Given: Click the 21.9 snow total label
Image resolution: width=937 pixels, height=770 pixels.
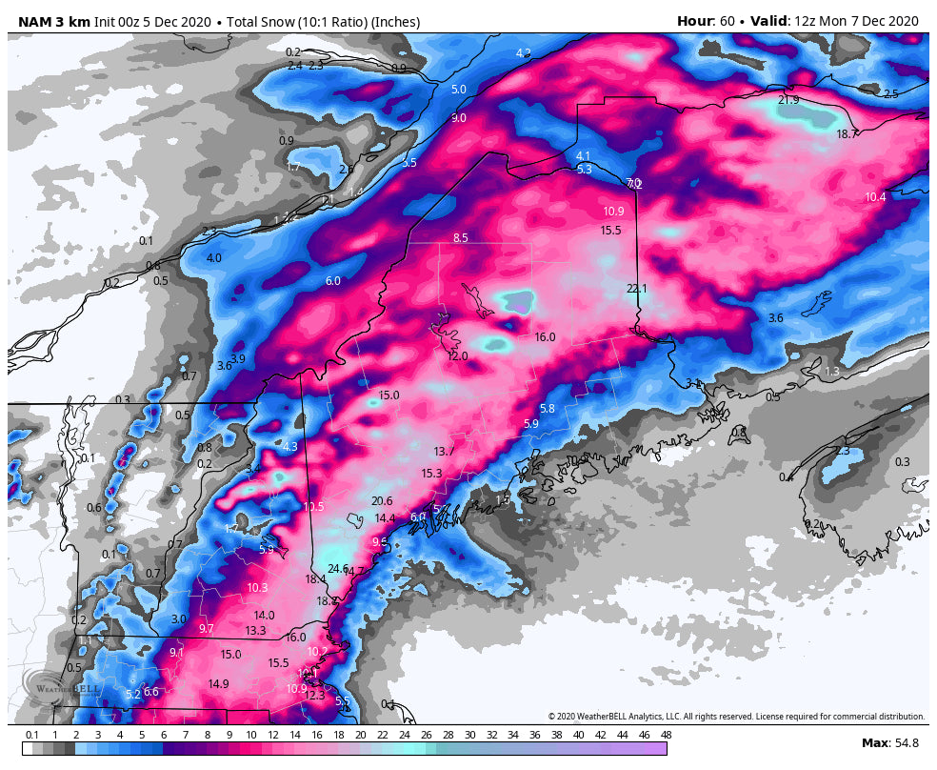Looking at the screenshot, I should (788, 100).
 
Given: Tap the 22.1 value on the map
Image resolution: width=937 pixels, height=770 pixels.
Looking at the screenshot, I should (636, 289).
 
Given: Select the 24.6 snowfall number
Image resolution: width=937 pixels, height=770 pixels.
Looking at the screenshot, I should (338, 569).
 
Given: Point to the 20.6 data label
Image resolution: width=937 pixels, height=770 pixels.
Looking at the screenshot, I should (382, 501).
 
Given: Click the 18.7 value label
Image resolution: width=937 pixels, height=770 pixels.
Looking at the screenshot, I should (847, 134).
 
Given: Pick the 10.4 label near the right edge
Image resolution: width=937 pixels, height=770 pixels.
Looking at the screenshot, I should (875, 197).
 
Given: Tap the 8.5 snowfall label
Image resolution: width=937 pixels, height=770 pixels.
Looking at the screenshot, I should (460, 238).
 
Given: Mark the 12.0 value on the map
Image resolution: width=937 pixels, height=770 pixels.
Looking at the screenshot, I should (458, 356).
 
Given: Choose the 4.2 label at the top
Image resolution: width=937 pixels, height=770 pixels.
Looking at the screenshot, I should (523, 53).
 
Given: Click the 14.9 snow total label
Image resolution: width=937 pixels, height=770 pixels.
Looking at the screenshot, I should (218, 684).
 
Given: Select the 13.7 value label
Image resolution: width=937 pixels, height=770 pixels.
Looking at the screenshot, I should (444, 452).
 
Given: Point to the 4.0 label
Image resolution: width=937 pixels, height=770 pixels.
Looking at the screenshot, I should (213, 258).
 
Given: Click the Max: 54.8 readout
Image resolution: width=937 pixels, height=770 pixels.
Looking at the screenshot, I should (889, 742).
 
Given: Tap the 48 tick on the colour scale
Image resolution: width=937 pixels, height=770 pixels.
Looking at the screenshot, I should (666, 735).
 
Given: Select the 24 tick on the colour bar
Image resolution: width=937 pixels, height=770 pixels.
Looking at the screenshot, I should (404, 735).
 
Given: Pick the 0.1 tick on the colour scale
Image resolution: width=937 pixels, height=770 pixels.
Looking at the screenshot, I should (31, 735).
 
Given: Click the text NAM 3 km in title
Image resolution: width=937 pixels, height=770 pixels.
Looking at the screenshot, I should (54, 22).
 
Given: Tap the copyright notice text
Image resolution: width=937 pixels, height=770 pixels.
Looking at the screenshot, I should (736, 717).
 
